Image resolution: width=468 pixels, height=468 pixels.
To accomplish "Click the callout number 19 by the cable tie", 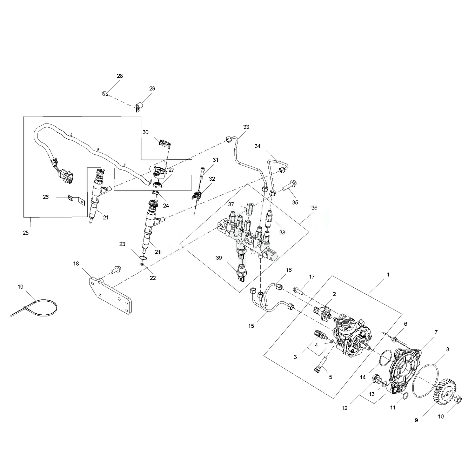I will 20,287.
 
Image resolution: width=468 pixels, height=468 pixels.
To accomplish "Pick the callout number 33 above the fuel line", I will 246,127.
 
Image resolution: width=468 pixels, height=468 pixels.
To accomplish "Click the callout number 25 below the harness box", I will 26,233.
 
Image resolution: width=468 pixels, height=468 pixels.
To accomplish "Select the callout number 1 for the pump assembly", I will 388,275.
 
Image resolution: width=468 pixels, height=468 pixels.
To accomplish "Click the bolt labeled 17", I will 297,290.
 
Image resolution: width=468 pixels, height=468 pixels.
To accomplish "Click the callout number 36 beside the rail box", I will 314,208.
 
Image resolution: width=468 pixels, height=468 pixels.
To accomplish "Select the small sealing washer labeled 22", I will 141,264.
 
